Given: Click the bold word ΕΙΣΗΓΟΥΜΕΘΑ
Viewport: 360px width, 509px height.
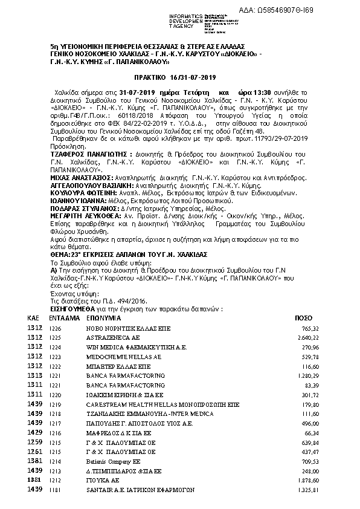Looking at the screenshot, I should coord(51,308).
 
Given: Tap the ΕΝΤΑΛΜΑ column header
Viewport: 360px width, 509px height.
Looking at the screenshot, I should coord(62,317).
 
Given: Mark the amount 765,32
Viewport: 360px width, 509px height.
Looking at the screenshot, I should coord(310,328).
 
